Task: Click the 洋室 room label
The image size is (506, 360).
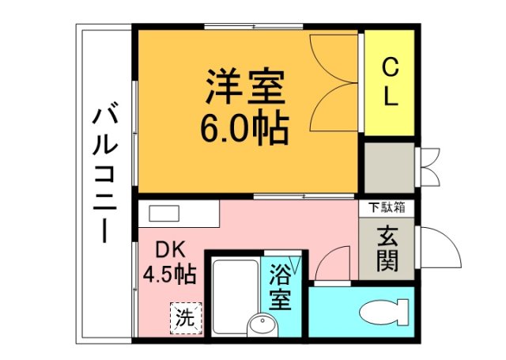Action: click(245, 87)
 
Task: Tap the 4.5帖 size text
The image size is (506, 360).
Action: click(169, 275)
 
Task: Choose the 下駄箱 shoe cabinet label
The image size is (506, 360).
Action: click(387, 208)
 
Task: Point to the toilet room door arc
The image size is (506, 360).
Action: click(334, 261)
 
